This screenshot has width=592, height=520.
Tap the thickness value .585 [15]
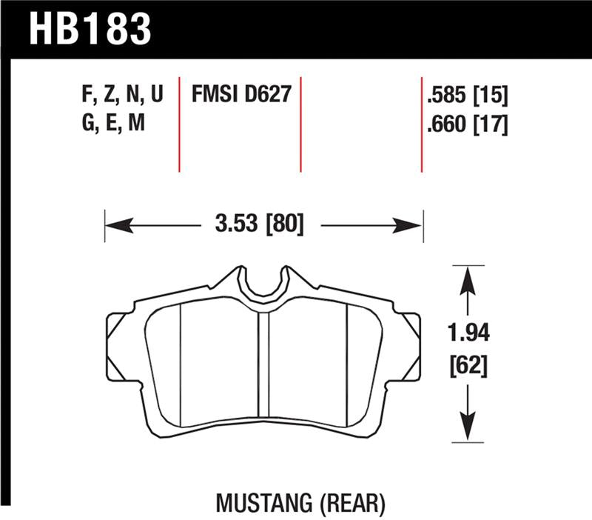466,96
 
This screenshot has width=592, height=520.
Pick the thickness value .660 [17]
466,125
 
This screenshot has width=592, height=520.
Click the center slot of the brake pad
263,370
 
